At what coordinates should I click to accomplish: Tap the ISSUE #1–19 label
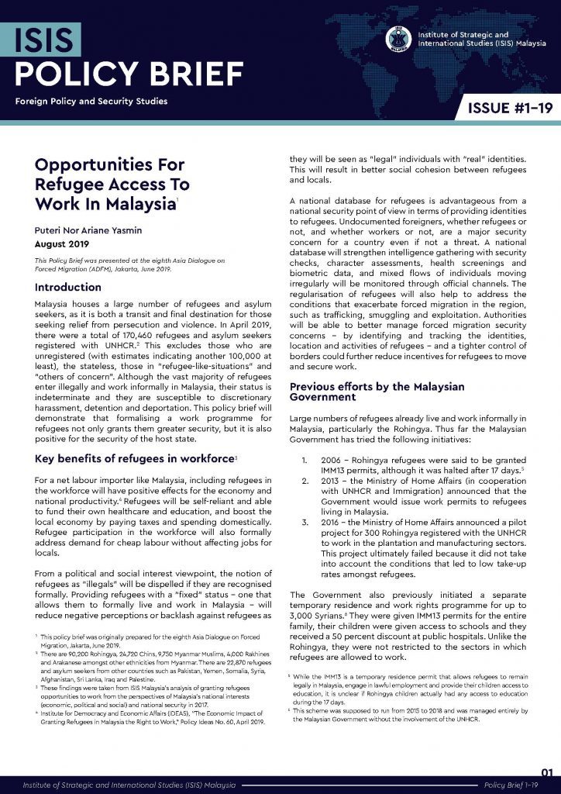coord(508,108)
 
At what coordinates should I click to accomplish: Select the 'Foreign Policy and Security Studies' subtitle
coord(90,101)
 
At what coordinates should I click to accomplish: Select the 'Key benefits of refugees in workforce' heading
coord(134,460)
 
